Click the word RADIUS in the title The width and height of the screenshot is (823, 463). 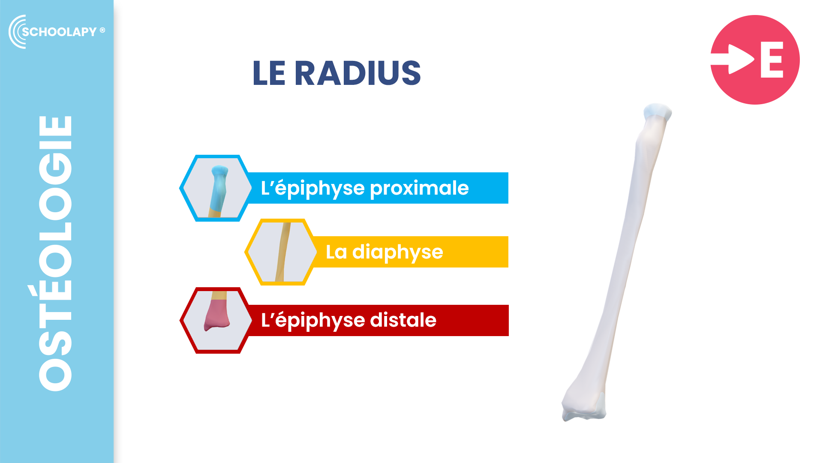click(357, 73)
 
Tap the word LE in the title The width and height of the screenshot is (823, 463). click(269, 73)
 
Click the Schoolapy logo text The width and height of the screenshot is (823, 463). click(60, 32)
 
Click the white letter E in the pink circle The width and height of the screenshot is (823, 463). click(772, 60)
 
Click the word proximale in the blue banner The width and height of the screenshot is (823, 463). click(419, 188)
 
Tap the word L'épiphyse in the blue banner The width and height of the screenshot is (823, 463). click(313, 188)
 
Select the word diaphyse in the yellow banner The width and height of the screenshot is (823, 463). click(397, 252)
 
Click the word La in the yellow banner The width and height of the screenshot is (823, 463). click(336, 252)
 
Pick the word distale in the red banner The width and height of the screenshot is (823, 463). click(403, 320)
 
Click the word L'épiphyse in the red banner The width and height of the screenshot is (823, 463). click(313, 320)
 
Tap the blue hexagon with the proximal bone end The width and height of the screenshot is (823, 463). click(216, 188)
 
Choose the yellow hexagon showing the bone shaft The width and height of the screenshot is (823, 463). click(281, 252)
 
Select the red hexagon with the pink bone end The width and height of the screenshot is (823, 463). click(216, 320)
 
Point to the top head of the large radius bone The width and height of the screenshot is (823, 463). click(658, 111)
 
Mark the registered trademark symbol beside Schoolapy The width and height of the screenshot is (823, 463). click(102, 30)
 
